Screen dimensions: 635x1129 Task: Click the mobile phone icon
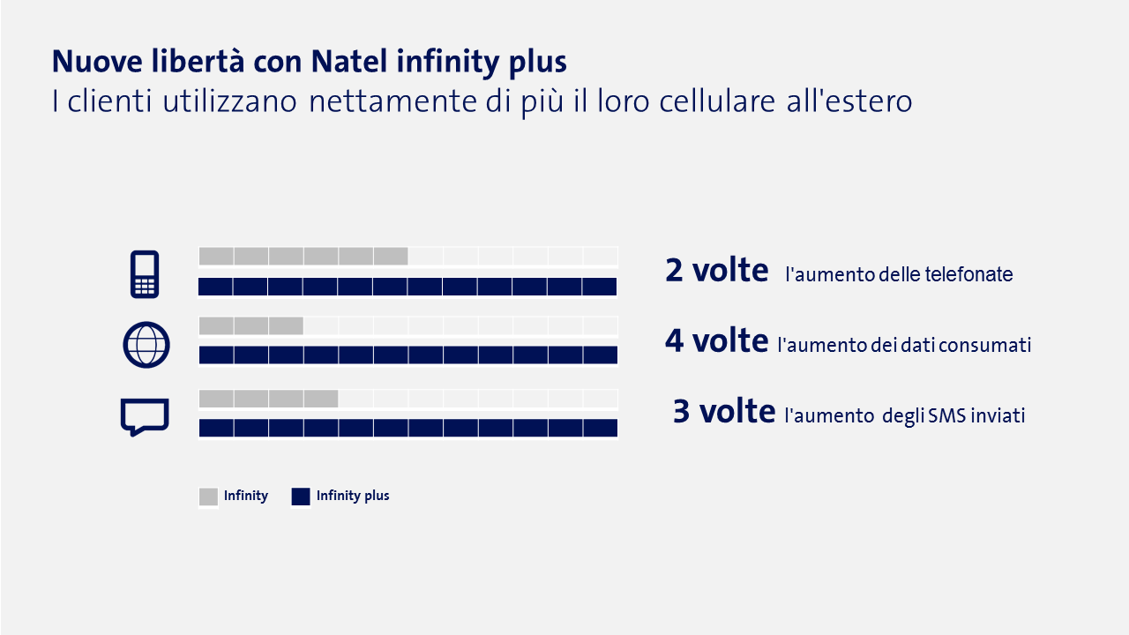(x=144, y=273)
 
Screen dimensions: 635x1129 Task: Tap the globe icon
(x=146, y=345)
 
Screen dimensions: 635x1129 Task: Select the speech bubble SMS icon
(x=144, y=416)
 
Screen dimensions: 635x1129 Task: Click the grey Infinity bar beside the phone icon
(x=303, y=257)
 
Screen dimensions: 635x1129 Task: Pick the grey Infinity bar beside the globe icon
(x=251, y=326)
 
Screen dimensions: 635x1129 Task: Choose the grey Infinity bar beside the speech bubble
(x=268, y=399)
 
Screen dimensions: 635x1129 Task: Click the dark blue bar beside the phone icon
(x=407, y=287)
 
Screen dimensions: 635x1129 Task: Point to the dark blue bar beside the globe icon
(x=407, y=355)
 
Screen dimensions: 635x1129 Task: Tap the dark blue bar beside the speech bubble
(x=407, y=428)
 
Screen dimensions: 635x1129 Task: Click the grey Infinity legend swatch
(x=208, y=497)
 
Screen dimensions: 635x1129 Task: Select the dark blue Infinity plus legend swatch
(x=301, y=497)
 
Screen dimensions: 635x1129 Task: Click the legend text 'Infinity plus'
(x=353, y=496)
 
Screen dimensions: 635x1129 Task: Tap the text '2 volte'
(x=716, y=271)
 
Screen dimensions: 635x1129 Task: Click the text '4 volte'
(x=716, y=340)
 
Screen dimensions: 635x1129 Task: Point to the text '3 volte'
(x=723, y=411)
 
